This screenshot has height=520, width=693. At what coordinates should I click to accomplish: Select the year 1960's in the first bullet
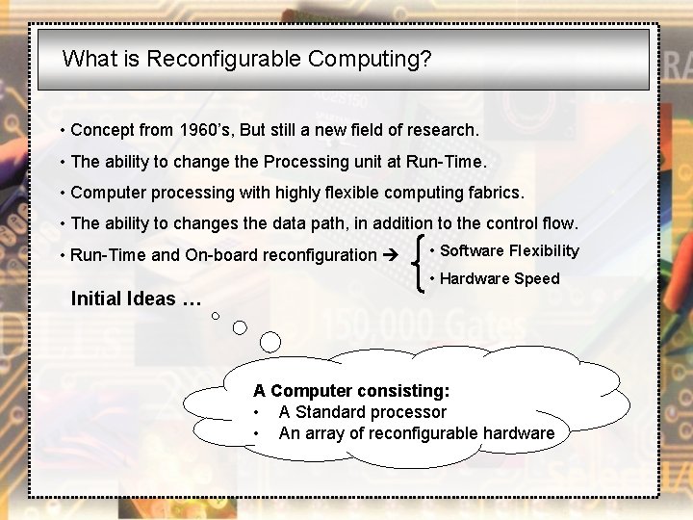pyautogui.click(x=211, y=129)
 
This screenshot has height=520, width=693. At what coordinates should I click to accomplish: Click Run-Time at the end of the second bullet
pyautogui.click(x=451, y=161)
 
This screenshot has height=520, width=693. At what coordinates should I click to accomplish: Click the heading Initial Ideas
pyautogui.click(x=136, y=299)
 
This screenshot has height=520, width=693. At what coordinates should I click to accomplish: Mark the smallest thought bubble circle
pyautogui.click(x=216, y=315)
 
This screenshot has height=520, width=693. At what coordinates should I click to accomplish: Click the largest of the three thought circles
pyautogui.click(x=270, y=341)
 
